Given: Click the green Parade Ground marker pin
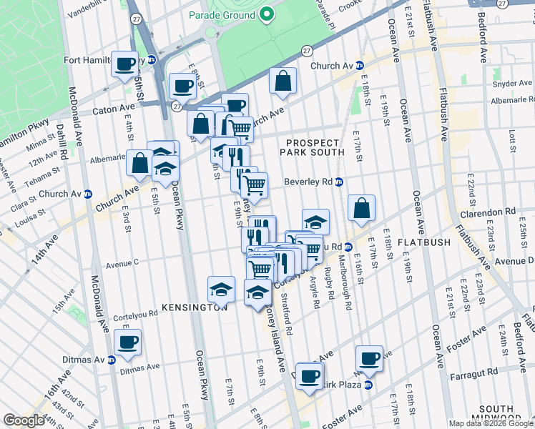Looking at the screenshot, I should click(x=267, y=14).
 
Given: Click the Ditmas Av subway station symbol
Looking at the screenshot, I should click(x=112, y=359).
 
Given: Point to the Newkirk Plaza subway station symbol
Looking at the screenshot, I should click(x=368, y=385).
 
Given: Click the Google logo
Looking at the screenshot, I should click(x=24, y=420).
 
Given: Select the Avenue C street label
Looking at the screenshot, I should click(x=122, y=264).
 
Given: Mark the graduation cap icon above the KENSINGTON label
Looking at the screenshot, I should click(x=222, y=289).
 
